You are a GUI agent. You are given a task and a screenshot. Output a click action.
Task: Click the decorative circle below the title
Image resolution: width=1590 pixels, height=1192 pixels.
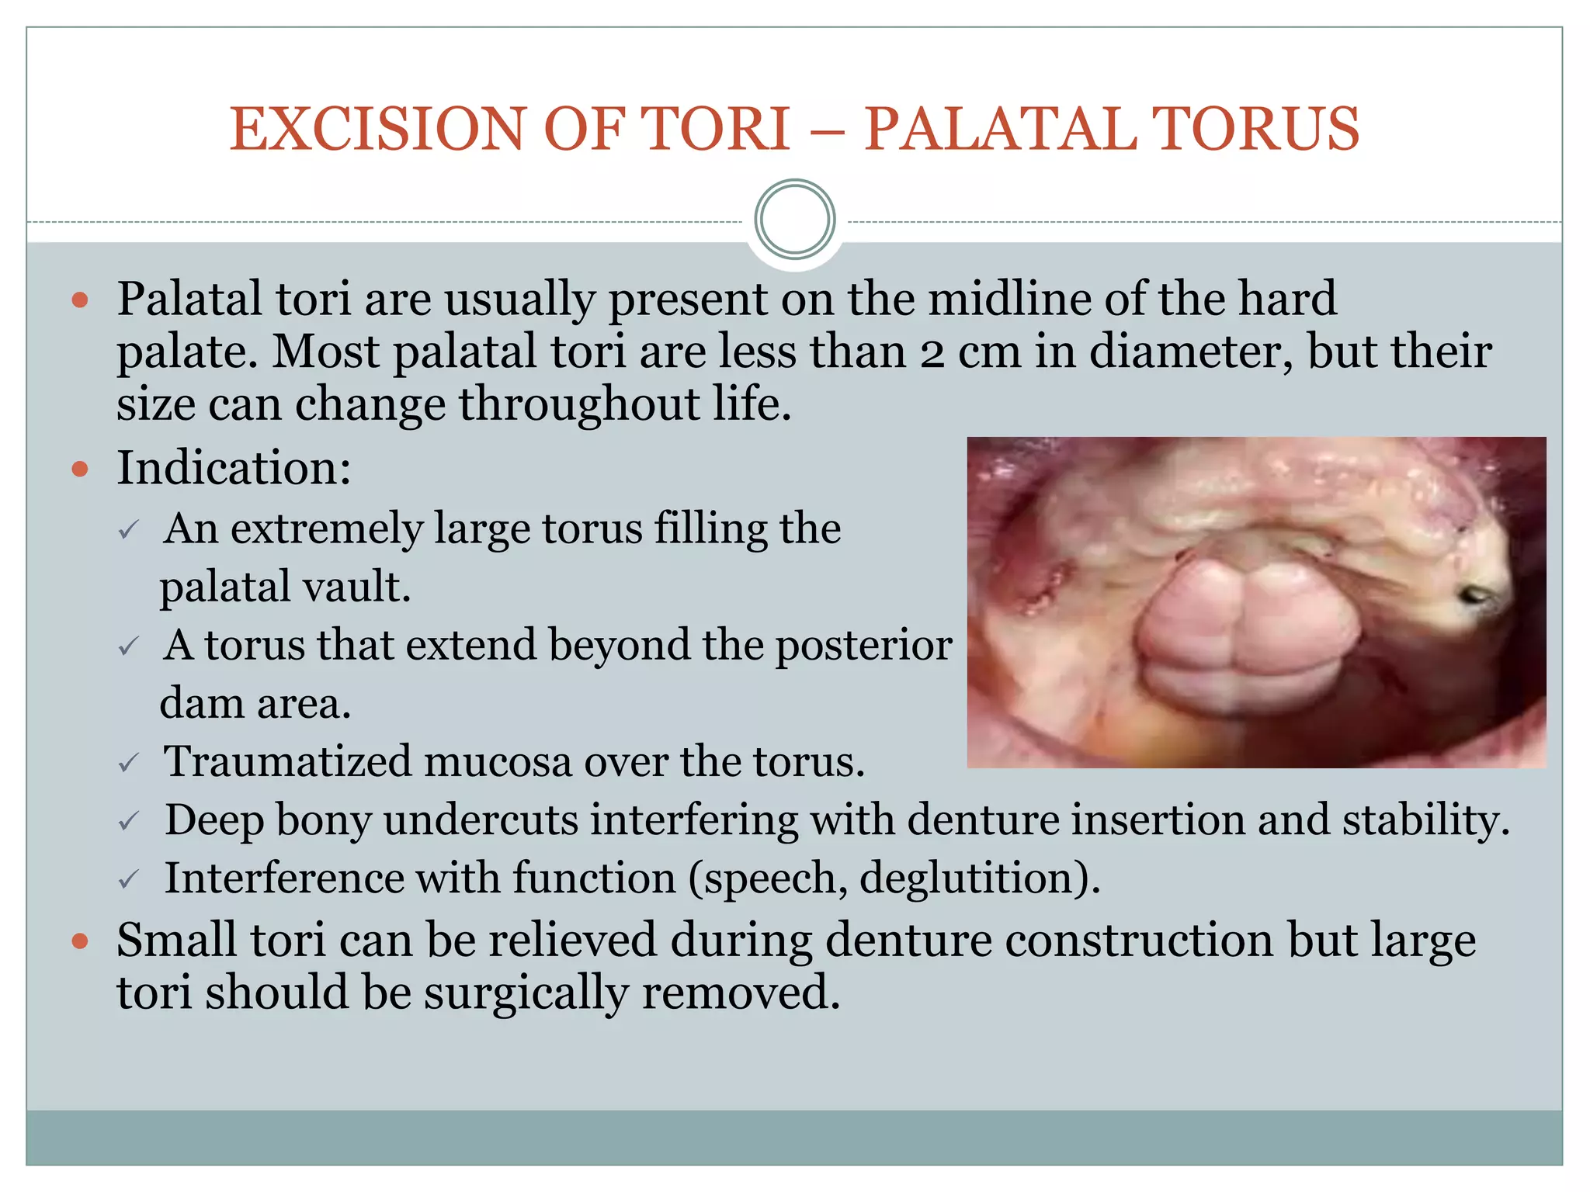[794, 220]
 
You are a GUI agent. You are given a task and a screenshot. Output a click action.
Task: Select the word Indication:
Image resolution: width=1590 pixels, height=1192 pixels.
[234, 468]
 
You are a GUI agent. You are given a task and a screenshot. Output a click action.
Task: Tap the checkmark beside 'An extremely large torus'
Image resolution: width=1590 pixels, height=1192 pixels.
[129, 531]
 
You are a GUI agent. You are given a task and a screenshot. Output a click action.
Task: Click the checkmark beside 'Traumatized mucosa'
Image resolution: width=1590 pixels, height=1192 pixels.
[129, 763]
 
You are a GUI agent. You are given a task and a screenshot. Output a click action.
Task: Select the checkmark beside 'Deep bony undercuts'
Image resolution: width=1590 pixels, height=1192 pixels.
[129, 821]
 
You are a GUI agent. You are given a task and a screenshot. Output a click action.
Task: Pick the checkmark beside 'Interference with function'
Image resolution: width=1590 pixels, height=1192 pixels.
[129, 879]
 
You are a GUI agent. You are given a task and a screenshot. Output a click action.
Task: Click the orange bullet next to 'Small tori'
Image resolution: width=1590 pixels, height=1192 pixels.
[80, 941]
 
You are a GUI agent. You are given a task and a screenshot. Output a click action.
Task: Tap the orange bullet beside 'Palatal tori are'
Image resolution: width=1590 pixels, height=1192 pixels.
[80, 300]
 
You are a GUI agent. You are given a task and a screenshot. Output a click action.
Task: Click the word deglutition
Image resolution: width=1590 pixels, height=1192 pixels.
[978, 879]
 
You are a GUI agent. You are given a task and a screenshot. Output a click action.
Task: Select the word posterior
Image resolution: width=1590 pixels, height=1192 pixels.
[863, 645]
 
